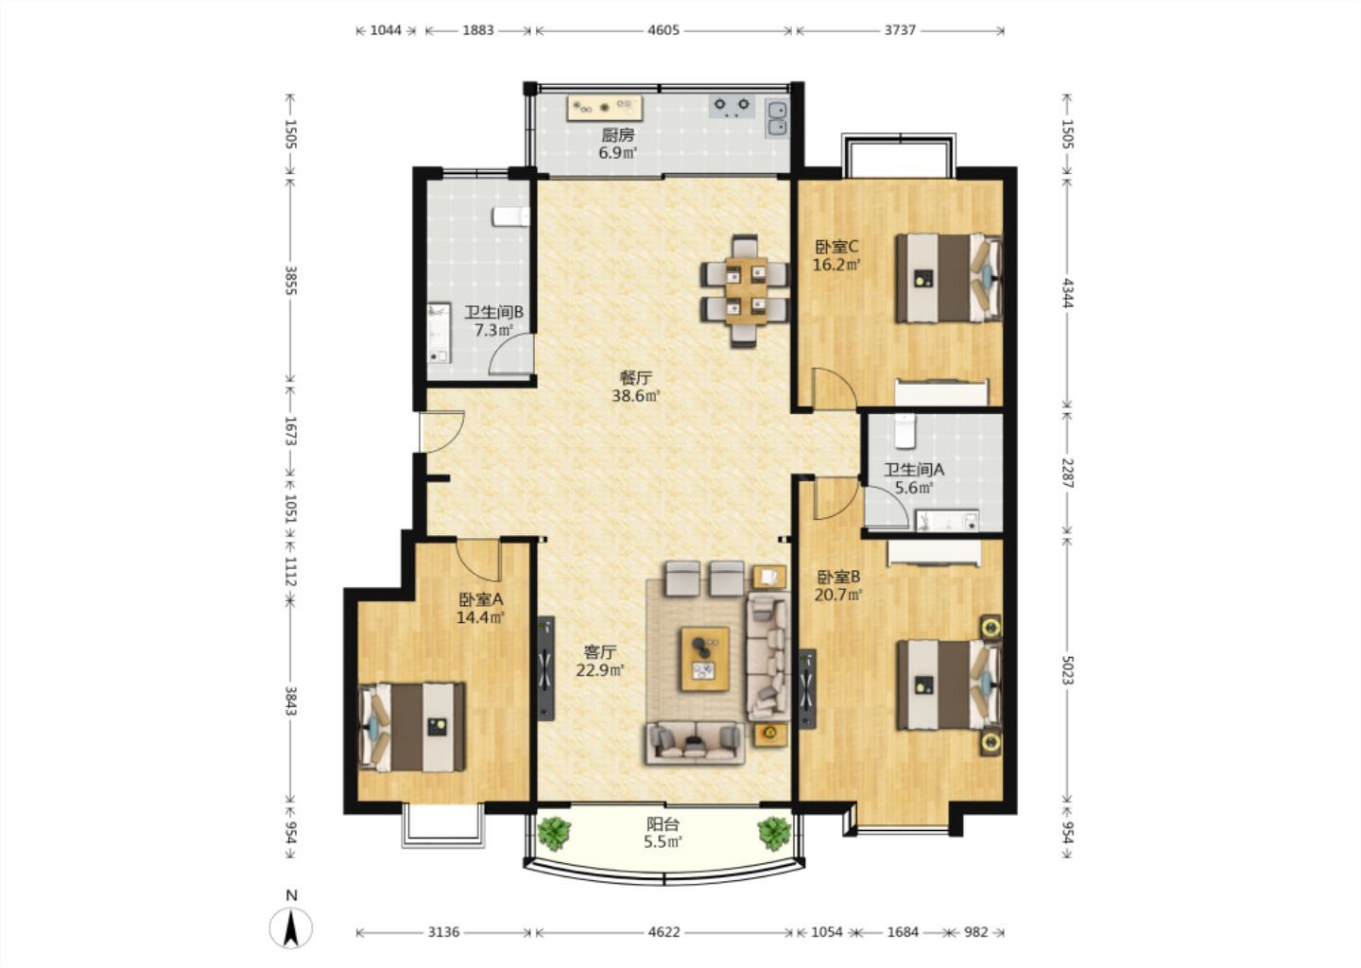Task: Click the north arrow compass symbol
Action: pos(291,927)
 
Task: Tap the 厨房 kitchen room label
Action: pos(617,134)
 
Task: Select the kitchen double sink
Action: pos(776,118)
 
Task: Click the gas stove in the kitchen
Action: pos(732,106)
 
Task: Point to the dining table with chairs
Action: pos(745,291)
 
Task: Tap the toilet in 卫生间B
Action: pos(511,216)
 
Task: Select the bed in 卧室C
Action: pos(948,278)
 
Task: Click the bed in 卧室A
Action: pos(412,727)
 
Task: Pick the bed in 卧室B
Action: pos(949,684)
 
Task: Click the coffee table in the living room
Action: pos(705,659)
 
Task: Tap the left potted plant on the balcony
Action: pos(554,833)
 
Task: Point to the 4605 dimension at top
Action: pos(663,30)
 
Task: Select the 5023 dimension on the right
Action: pos(1068,669)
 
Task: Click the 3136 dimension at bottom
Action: pos(443,931)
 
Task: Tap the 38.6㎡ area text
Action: pos(635,396)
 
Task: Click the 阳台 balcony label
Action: pos(663,824)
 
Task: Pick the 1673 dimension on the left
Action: pos(290,431)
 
